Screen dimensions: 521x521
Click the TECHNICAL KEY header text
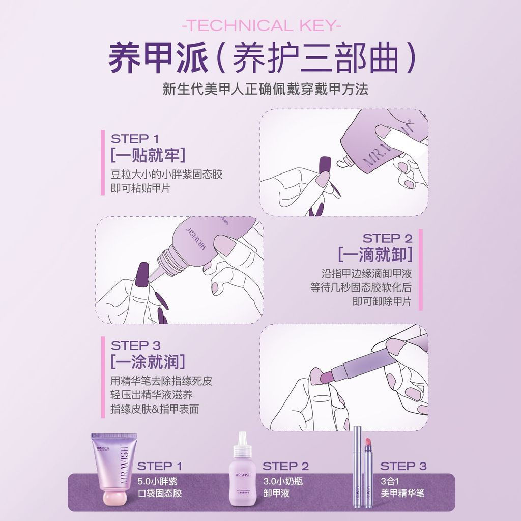point(261,26)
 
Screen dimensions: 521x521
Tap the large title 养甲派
point(158,59)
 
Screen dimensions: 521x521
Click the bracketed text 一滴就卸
point(374,254)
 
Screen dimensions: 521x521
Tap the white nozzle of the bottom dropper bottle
point(242,439)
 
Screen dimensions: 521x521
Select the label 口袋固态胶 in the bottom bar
point(159,493)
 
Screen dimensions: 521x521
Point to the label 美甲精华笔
point(402,493)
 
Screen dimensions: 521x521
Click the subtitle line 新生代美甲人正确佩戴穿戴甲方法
point(265,90)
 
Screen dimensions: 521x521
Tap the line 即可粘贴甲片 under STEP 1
point(140,188)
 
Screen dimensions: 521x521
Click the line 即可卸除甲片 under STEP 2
point(382,301)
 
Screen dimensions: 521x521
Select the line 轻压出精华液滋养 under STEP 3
point(152,394)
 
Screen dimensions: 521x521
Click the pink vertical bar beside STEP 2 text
point(421,270)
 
